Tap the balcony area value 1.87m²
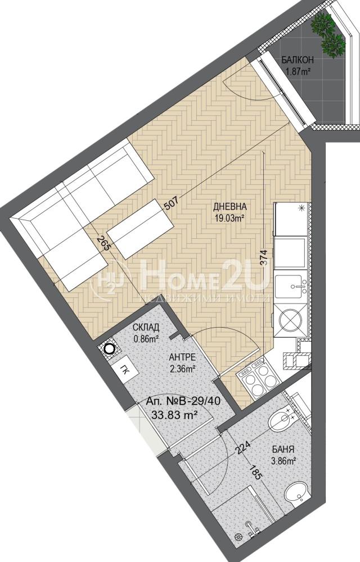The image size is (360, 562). (298, 71)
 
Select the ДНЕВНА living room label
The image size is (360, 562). (230, 206)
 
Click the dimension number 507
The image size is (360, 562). (170, 205)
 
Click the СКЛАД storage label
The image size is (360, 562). (146, 327)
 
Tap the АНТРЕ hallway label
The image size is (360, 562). (182, 357)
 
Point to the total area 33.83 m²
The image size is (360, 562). (175, 415)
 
